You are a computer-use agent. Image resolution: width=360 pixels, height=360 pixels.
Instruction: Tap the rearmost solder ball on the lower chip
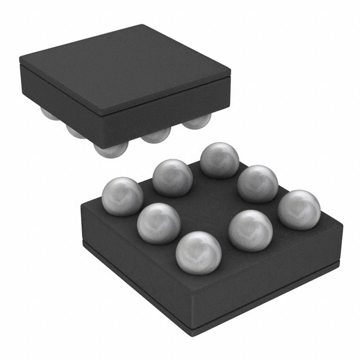220,160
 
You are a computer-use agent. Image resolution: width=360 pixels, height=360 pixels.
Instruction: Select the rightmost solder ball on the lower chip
299,209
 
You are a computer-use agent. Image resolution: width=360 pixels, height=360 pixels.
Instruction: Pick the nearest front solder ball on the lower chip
199,253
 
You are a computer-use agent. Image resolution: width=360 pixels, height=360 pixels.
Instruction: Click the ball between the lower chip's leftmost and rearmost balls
172,177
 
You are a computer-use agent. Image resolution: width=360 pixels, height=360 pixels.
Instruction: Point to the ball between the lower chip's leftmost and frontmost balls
159,223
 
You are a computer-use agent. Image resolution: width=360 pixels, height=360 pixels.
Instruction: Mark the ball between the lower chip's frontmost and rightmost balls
251,230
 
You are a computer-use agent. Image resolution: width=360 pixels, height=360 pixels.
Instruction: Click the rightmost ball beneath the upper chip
197,120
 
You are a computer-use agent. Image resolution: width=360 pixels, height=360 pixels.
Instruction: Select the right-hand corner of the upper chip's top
230,72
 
